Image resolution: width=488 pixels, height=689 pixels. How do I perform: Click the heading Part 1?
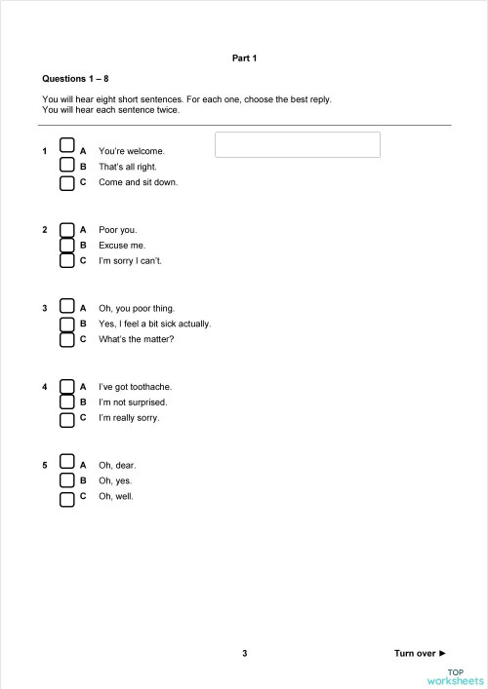(x=244, y=58)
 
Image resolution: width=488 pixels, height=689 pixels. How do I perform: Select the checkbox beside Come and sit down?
(x=67, y=183)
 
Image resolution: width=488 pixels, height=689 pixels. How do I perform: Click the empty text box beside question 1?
(x=297, y=144)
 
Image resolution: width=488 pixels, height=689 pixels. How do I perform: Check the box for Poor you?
(x=67, y=229)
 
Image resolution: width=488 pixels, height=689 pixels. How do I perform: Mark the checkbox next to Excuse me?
(x=67, y=245)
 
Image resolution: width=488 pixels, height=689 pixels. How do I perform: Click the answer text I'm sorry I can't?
(x=130, y=261)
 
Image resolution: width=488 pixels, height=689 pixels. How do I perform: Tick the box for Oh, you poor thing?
(x=67, y=307)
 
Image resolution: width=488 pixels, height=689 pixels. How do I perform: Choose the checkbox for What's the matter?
(x=67, y=340)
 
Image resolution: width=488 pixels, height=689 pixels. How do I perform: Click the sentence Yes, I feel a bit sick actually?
(x=154, y=324)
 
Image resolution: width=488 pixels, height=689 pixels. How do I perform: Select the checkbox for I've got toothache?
(x=67, y=385)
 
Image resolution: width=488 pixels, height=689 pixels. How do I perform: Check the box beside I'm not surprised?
(x=67, y=402)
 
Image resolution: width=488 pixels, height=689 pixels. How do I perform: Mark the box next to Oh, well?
(x=67, y=499)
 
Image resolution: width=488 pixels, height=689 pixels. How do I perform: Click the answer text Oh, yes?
(x=115, y=480)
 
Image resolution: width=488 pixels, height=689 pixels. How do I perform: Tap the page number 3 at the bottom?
(x=245, y=653)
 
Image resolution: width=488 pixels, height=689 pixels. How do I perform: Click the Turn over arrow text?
(x=420, y=653)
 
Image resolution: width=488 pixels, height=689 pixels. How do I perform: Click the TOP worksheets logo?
(x=456, y=677)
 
